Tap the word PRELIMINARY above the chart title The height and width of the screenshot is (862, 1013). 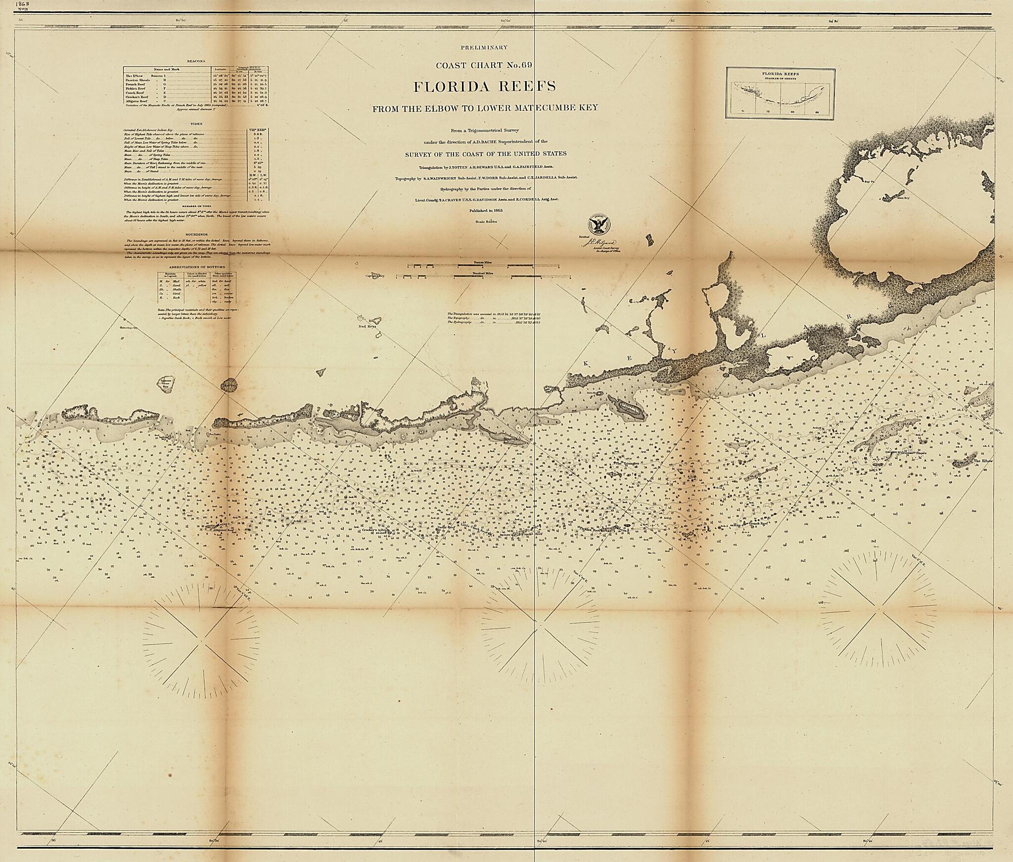tap(484, 47)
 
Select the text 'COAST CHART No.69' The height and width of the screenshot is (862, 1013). tap(484, 65)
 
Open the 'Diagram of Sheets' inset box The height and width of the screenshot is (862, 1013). tap(781, 93)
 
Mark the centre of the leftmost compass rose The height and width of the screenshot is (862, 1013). tap(202, 641)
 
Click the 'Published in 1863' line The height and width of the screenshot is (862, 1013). tap(483, 211)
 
